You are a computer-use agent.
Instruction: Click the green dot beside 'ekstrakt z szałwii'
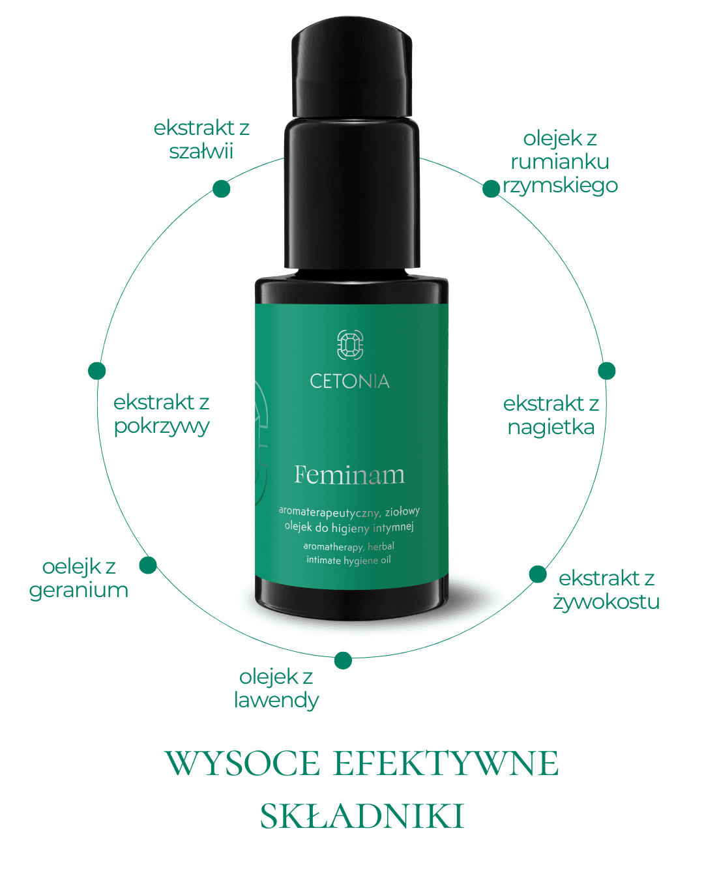(222, 188)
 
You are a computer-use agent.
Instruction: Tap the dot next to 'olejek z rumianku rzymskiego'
(491, 188)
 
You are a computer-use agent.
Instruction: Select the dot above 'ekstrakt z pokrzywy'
(97, 370)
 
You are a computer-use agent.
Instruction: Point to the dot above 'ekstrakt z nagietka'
(607, 370)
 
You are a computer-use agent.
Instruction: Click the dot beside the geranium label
(148, 565)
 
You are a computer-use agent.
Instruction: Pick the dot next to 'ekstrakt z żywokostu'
(538, 574)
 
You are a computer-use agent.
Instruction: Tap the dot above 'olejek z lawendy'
(343, 660)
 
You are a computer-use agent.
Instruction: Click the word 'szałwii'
(201, 151)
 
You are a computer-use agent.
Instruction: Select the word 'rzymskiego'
(560, 186)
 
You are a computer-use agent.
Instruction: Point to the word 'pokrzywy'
(162, 426)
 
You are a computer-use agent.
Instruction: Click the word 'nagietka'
(551, 428)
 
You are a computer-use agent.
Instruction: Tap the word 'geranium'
(78, 591)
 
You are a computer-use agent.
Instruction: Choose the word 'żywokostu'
(606, 602)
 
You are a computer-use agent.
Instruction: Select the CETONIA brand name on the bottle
(350, 381)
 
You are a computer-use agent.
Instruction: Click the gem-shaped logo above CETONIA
(350, 345)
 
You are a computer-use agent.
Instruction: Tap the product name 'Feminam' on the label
(349, 475)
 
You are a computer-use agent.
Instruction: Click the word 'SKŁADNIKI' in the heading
(362, 816)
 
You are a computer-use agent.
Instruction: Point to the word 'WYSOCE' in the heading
(242, 763)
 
